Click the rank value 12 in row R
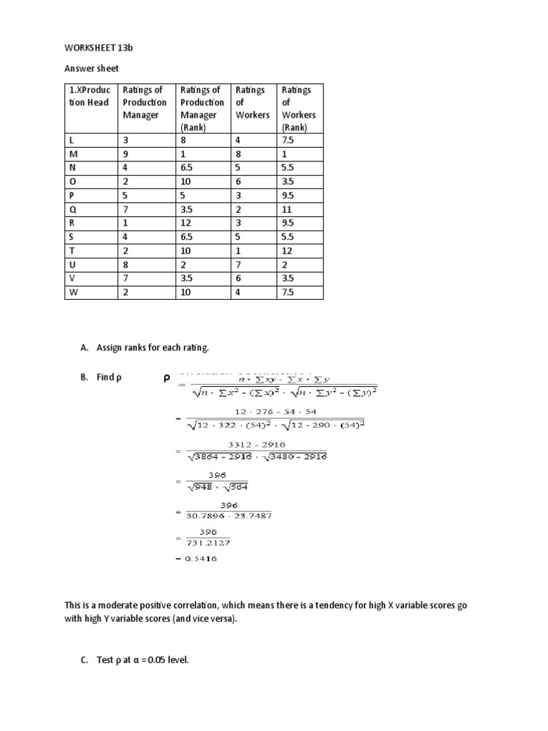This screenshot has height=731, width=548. pyautogui.click(x=186, y=223)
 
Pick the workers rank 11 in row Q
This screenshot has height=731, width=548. pyautogui.click(x=288, y=210)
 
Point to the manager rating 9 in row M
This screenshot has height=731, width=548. pyautogui.click(x=126, y=154)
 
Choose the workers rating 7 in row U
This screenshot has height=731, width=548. pyautogui.click(x=238, y=265)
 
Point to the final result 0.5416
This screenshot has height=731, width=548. pyautogui.click(x=201, y=558)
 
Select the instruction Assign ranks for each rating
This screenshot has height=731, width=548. pyautogui.click(x=153, y=348)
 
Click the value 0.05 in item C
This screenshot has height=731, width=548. pyautogui.click(x=155, y=660)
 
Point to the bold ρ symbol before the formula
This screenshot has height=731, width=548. pyautogui.click(x=166, y=379)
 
